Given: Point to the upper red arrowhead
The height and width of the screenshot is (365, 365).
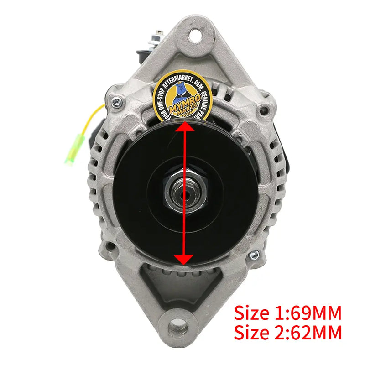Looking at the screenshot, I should coord(183,130).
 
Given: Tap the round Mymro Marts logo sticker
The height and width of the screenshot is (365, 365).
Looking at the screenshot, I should coord(182,99).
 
